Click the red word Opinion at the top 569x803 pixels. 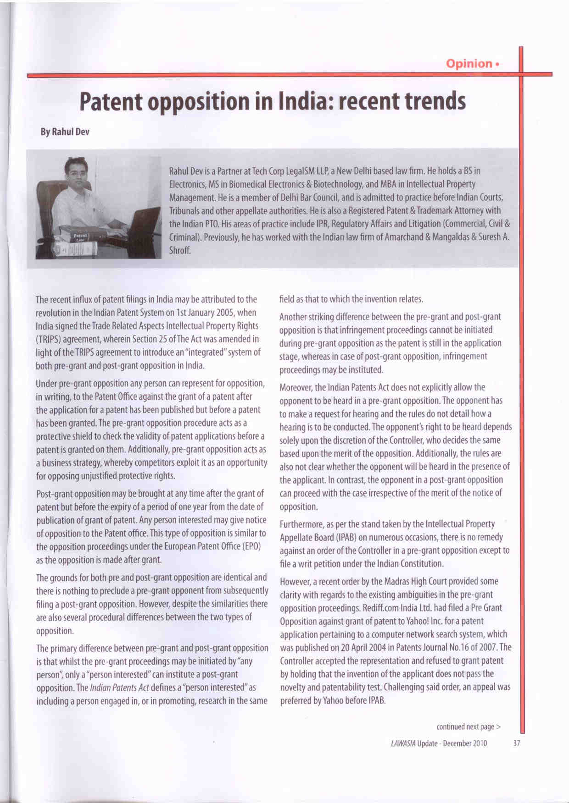point(469,63)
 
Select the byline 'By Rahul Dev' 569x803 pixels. point(65,132)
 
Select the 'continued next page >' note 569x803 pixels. point(469,726)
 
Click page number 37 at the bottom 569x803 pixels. point(516,743)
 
